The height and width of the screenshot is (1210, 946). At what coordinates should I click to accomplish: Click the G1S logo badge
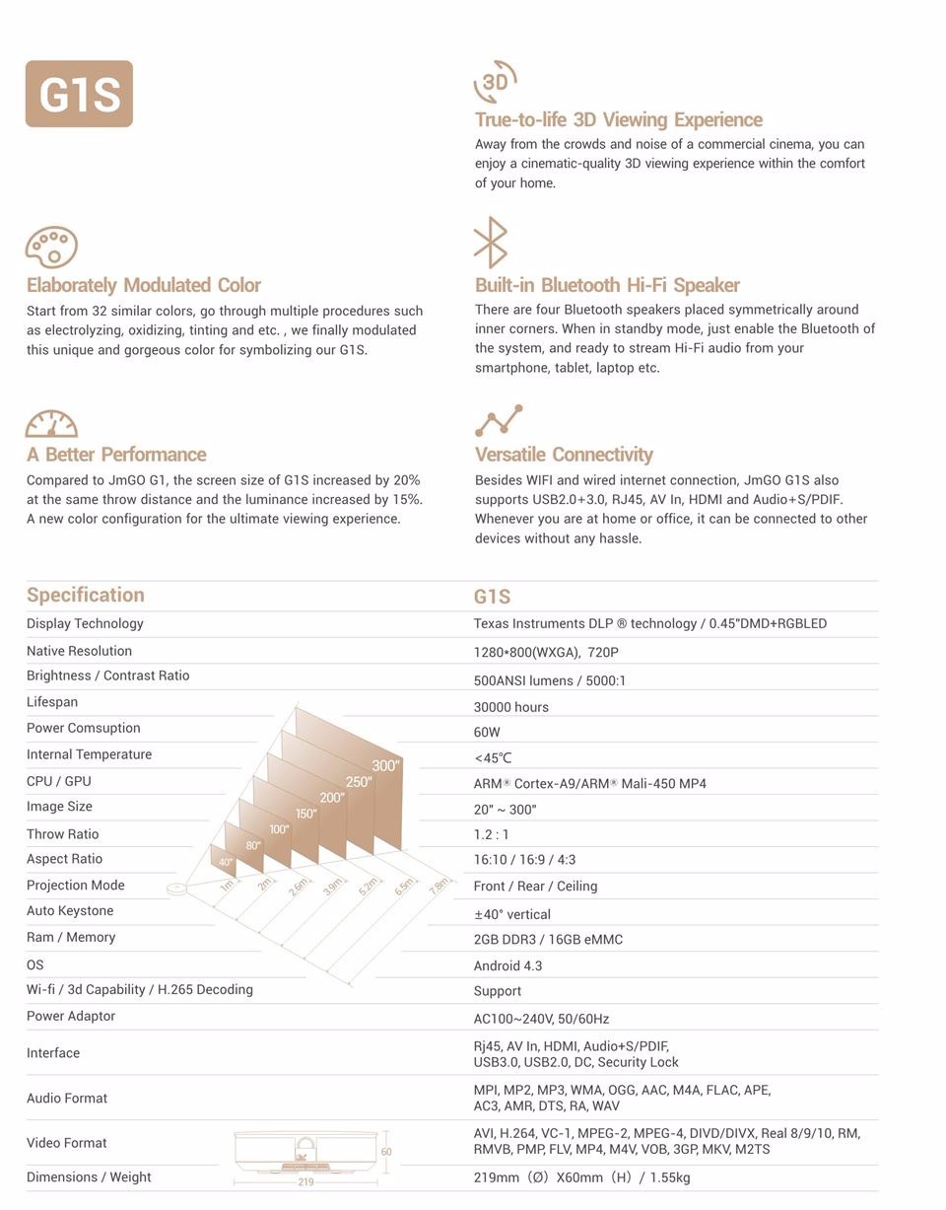[x=79, y=94]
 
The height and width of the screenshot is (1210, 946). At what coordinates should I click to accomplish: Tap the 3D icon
[x=495, y=81]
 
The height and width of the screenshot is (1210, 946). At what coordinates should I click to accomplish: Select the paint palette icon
[x=51, y=247]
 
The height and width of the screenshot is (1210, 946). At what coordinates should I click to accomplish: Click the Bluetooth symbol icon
[x=490, y=243]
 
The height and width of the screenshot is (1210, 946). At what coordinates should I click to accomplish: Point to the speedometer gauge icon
[x=51, y=424]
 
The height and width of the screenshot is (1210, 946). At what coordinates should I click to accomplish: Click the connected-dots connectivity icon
[x=499, y=420]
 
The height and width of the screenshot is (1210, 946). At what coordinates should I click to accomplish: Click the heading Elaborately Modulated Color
[x=144, y=285]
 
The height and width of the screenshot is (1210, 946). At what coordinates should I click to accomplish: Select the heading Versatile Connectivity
[x=564, y=455]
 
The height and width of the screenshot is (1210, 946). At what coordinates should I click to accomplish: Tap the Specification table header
[x=86, y=595]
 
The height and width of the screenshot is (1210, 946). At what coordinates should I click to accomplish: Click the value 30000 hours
[x=510, y=707]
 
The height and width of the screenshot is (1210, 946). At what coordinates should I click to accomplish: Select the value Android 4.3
[x=507, y=966]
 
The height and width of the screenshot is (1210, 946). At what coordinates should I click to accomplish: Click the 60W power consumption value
[x=487, y=733]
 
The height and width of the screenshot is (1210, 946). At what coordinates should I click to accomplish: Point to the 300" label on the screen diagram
[x=385, y=766]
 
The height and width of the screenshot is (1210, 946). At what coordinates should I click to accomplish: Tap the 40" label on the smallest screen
[x=226, y=863]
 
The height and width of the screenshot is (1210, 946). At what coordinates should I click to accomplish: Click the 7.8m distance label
[x=439, y=886]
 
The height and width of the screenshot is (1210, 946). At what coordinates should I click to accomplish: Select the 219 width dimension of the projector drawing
[x=305, y=1181]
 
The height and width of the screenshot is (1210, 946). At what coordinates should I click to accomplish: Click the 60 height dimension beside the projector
[x=386, y=1152]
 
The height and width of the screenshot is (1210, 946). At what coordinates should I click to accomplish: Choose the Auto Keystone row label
[x=70, y=911]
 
